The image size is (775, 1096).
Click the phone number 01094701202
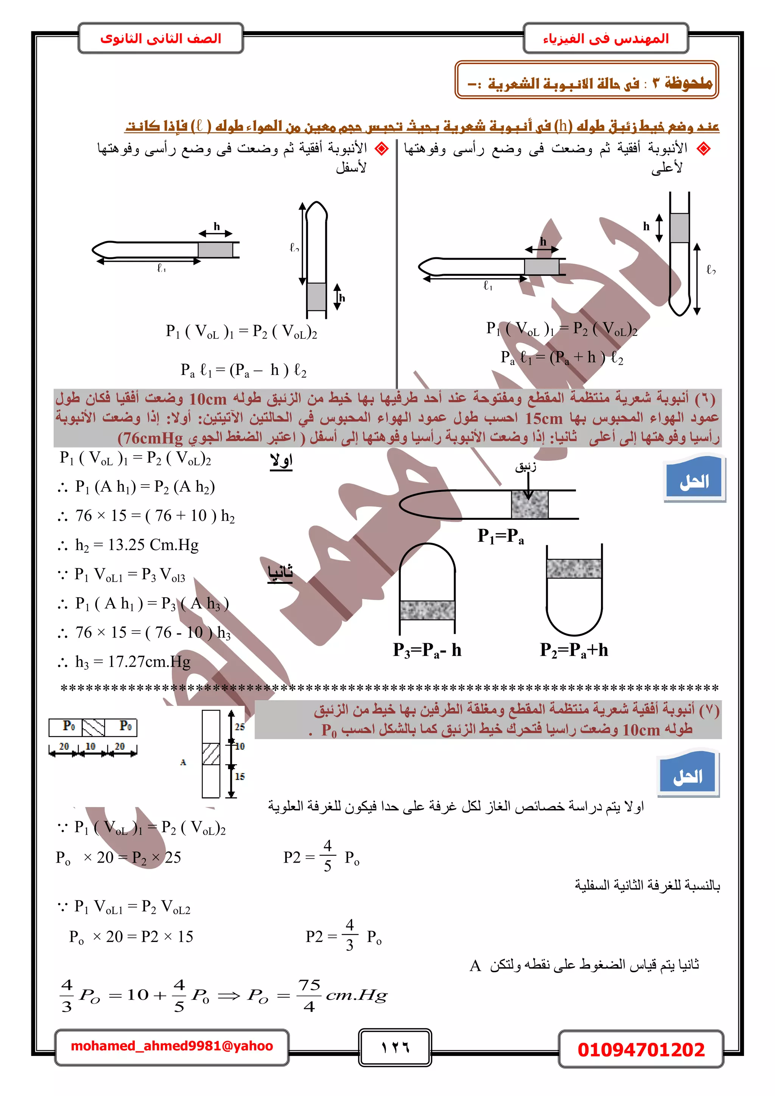pos(640,1049)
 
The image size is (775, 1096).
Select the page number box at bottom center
pos(395,1047)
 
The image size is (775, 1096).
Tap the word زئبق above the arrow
pos(525,466)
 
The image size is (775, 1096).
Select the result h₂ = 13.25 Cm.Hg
pos(137,545)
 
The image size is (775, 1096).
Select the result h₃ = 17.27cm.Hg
pos(133,662)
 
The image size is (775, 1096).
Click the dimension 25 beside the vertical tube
pos(239,726)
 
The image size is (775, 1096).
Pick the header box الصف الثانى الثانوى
pos(161,38)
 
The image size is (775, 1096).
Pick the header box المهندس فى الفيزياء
pos(605,38)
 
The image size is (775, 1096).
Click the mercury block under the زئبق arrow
pos(529,504)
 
